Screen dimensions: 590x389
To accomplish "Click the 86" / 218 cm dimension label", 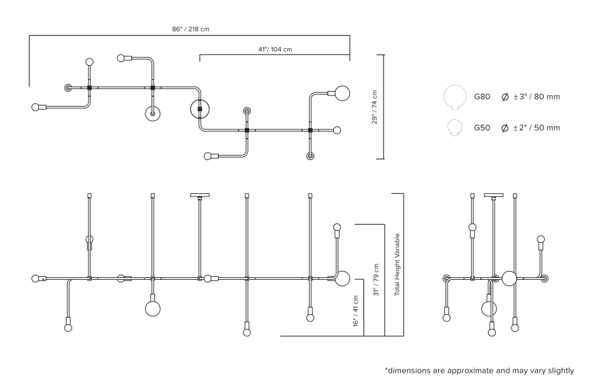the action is [191, 29].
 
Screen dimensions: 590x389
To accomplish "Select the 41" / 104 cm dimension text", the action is [275, 50].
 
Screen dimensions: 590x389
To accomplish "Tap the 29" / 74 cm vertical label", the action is [374, 107].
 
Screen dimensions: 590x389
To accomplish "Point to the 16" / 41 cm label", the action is [356, 311].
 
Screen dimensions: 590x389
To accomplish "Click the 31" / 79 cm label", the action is [376, 280].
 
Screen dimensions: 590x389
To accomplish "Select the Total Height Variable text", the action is [397, 265].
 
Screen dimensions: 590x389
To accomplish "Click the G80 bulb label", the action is [482, 97].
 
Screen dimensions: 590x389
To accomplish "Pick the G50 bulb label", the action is [482, 128].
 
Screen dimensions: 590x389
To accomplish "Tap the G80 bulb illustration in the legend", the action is [455, 97].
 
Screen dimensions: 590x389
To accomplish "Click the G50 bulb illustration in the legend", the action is [455, 127].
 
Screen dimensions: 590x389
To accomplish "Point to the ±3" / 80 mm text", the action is [537, 97].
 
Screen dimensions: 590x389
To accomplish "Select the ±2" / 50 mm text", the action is [537, 128].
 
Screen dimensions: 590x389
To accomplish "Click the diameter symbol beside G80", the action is [505, 97].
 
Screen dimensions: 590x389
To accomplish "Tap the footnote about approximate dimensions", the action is [480, 371].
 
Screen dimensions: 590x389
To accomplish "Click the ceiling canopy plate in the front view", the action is [200, 196].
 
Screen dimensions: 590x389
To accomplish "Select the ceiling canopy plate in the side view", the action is [494, 196].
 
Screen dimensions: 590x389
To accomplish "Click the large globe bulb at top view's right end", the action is [343, 93].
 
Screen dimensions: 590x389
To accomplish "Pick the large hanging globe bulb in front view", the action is [153, 309].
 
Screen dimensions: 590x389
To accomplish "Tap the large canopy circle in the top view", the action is [200, 109].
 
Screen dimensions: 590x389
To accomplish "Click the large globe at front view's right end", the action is [342, 279].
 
